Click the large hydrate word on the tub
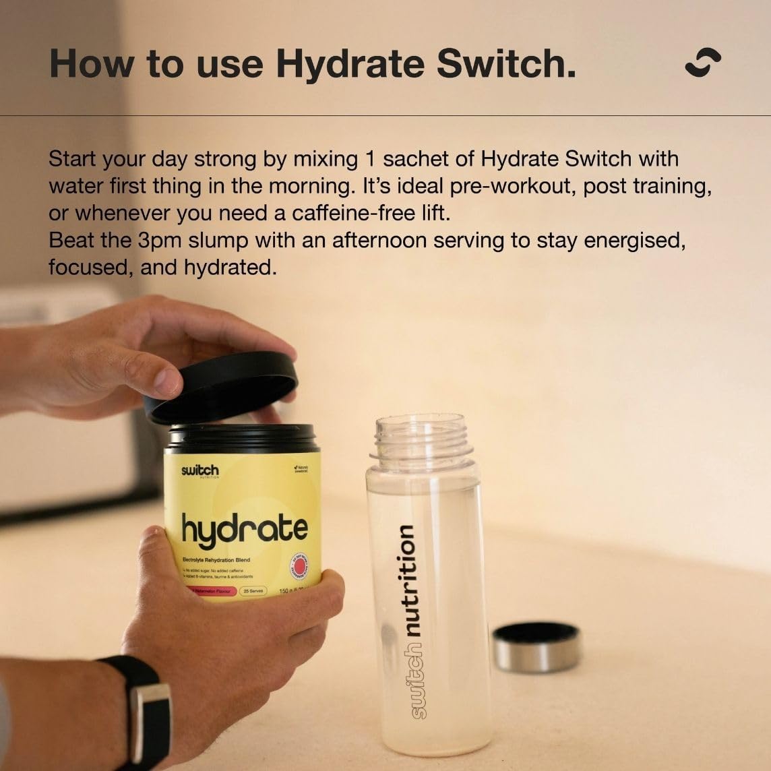pyautogui.click(x=245, y=530)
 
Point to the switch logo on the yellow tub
pyautogui.click(x=199, y=470)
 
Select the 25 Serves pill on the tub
pyautogui.click(x=253, y=590)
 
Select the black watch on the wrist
pyautogui.click(x=145, y=708)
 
